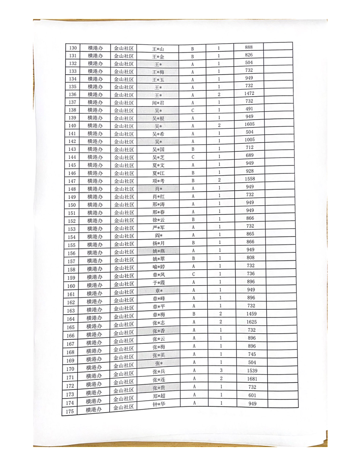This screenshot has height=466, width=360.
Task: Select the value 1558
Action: click(x=250, y=179)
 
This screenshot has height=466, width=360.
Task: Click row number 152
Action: click(x=72, y=221)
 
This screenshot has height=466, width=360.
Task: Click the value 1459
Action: click(x=251, y=314)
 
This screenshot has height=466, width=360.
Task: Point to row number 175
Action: click(x=69, y=411)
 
